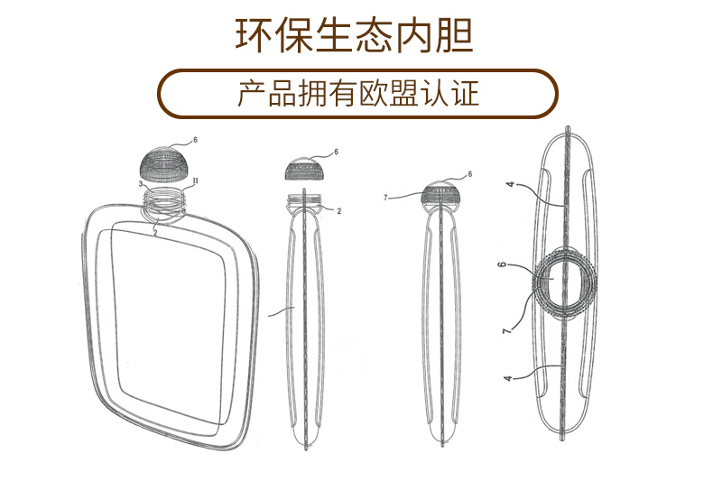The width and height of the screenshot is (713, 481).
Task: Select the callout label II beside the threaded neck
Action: [195, 181]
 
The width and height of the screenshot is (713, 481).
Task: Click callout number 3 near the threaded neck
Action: [141, 182]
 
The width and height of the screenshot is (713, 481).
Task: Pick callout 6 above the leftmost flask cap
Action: [194, 141]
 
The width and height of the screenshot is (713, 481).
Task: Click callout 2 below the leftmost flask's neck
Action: [155, 232]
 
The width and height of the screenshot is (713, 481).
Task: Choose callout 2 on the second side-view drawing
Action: [338, 210]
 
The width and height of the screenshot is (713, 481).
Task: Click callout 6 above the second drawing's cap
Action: [336, 153]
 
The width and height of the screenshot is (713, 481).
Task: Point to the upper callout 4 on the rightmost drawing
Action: [510, 184]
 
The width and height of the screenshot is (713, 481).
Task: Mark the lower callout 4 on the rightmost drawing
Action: [508, 378]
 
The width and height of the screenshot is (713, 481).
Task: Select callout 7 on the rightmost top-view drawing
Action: [505, 331]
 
